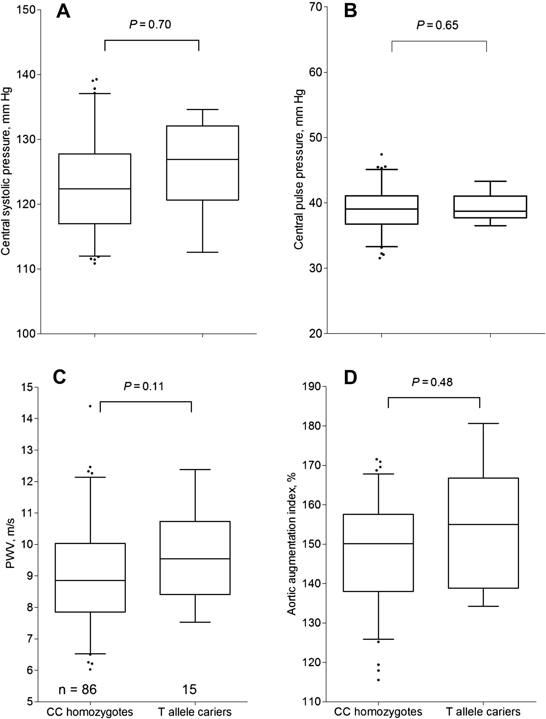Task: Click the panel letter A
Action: (x=63, y=12)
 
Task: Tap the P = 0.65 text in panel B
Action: (x=438, y=25)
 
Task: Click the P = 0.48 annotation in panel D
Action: (x=432, y=382)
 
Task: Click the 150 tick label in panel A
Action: (x=26, y=10)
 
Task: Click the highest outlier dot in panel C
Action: (x=90, y=406)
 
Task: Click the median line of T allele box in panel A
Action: (x=203, y=159)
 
